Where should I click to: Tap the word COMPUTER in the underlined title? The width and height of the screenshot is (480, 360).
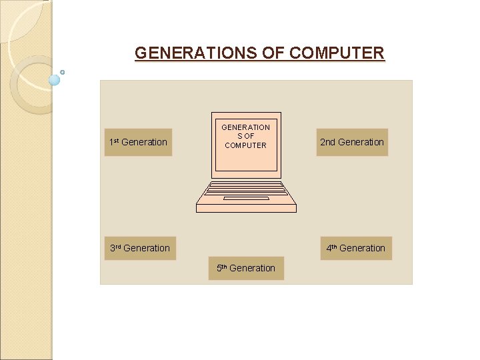pyautogui.click(x=337, y=53)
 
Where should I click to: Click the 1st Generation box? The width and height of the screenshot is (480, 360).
pyautogui.click(x=138, y=142)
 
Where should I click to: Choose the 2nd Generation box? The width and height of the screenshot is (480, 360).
pyautogui.click(x=352, y=142)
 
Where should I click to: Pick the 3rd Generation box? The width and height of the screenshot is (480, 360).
pyautogui.click(x=140, y=248)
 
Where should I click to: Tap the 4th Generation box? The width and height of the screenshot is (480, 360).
pyautogui.click(x=355, y=248)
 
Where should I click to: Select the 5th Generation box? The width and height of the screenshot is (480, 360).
pyautogui.click(x=246, y=268)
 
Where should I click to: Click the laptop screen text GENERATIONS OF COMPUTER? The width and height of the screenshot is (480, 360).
pyautogui.click(x=245, y=136)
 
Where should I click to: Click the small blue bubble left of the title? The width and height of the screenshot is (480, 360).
pyautogui.click(x=55, y=80)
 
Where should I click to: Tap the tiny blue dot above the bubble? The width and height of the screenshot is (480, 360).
pyautogui.click(x=62, y=72)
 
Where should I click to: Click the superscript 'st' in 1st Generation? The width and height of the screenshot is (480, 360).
pyautogui.click(x=116, y=140)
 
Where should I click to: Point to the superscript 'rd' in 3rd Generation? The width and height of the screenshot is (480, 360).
pyautogui.click(x=119, y=246)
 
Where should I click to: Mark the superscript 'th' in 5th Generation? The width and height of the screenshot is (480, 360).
pyautogui.click(x=225, y=266)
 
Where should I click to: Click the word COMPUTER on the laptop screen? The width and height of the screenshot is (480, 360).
pyautogui.click(x=245, y=145)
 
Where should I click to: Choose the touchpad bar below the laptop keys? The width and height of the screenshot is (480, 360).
pyautogui.click(x=246, y=198)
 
